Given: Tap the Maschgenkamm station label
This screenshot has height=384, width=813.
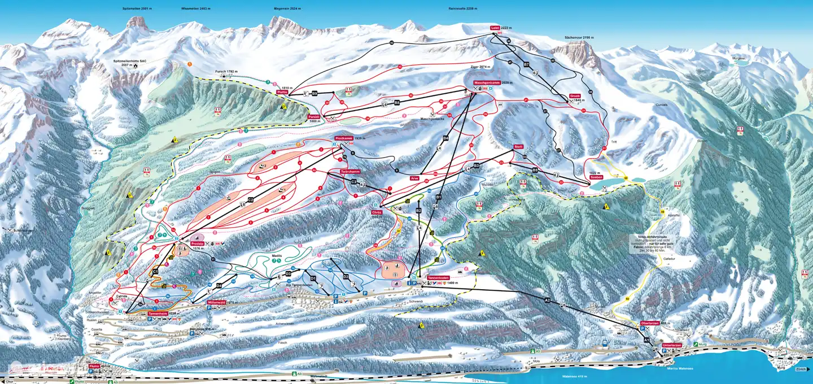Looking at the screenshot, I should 486,82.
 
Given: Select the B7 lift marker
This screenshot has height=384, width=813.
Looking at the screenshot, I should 526,65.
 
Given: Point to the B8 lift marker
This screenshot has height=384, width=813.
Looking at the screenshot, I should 397,102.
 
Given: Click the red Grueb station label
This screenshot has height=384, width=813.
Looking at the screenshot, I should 575,96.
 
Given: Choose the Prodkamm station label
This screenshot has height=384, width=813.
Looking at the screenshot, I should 343,138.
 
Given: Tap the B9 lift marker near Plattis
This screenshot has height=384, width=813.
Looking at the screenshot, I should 315,92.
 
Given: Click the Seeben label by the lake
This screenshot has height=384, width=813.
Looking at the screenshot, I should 597,177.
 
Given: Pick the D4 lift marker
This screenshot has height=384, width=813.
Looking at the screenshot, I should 218,285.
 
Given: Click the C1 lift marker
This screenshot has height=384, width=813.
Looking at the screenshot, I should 155,272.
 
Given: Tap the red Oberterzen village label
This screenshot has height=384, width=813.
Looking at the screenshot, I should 650,323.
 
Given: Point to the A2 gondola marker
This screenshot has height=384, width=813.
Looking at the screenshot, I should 547,300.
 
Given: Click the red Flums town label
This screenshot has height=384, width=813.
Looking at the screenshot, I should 94,366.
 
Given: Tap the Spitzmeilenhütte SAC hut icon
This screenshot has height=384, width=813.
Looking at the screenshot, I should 135,66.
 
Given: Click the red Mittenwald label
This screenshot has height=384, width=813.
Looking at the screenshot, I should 217,302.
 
